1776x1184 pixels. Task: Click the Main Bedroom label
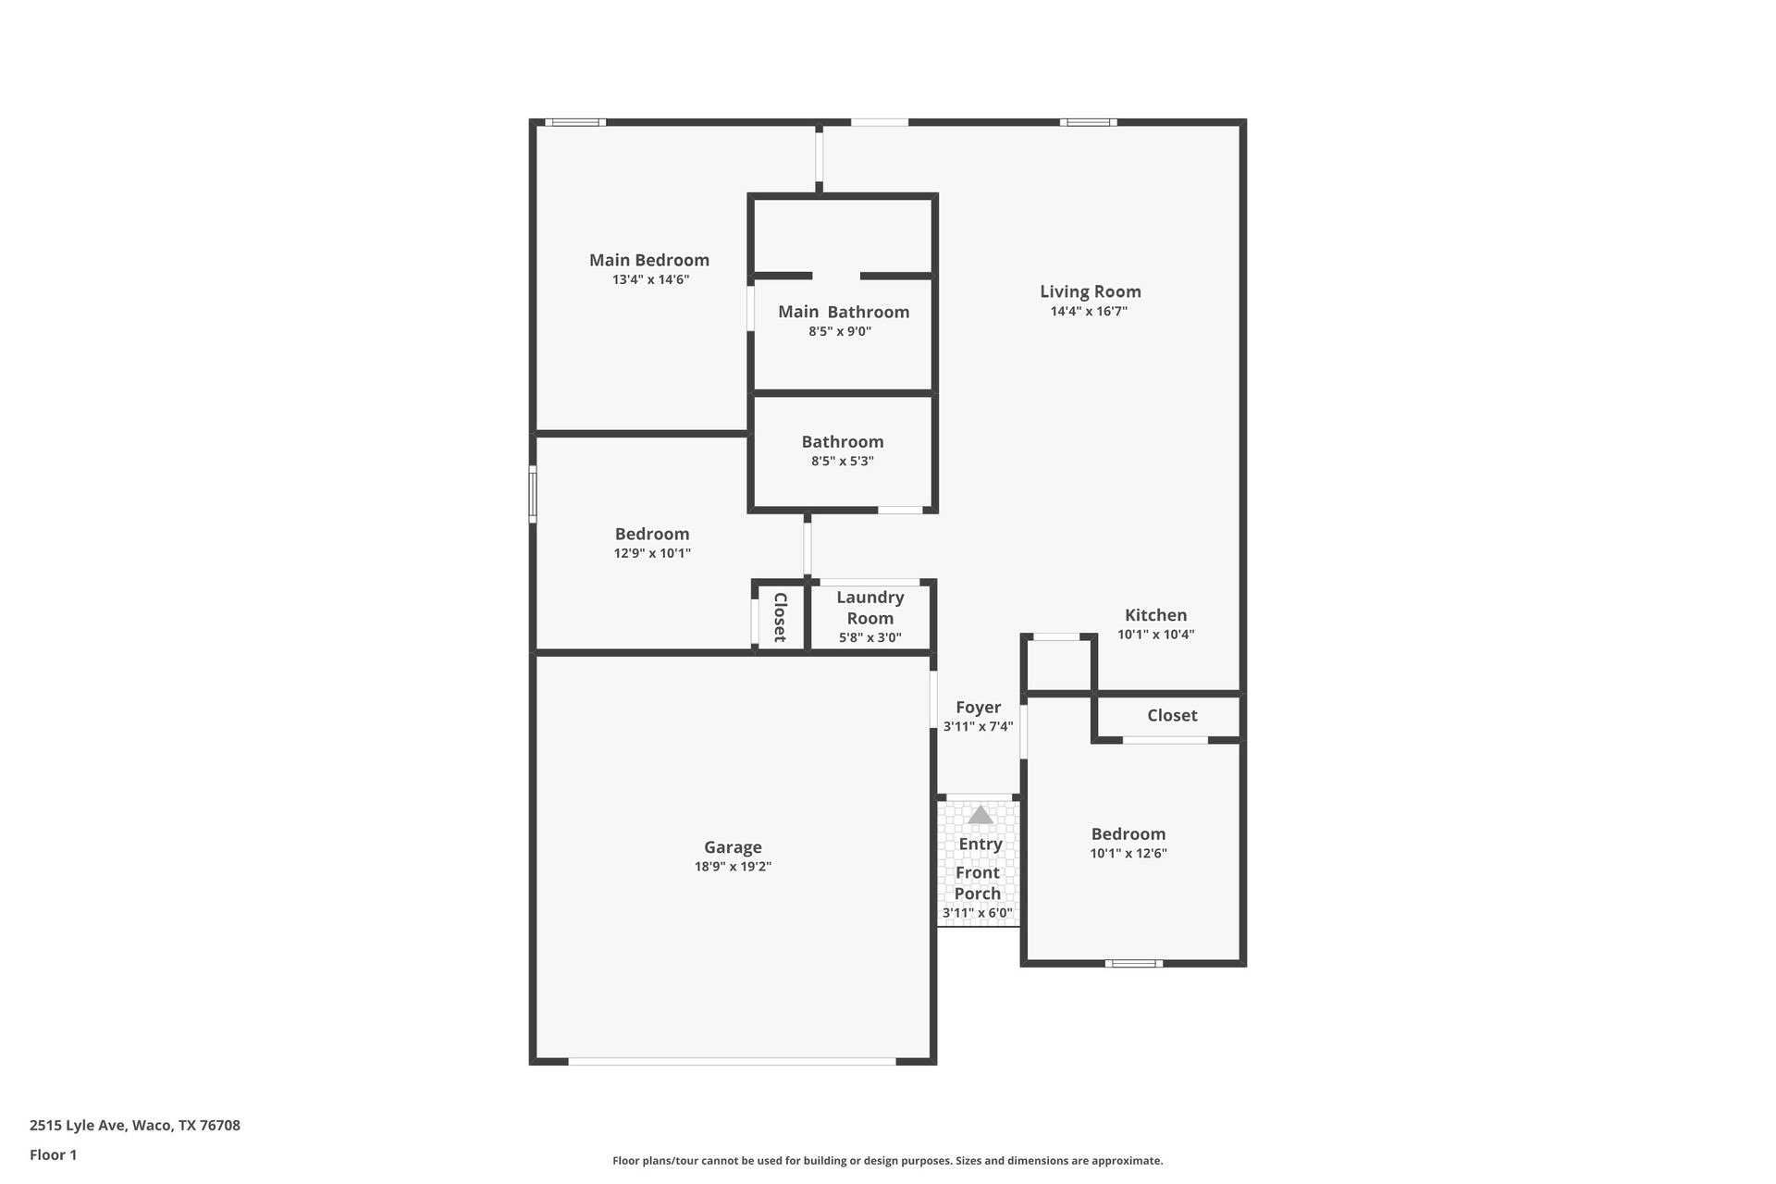click(649, 260)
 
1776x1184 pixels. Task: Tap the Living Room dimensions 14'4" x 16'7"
click(1089, 312)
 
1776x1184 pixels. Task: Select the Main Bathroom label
click(844, 312)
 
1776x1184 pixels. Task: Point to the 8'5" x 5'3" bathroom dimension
click(843, 461)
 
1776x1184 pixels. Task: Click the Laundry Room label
click(870, 608)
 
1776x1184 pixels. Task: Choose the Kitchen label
click(1155, 615)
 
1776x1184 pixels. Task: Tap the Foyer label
click(978, 708)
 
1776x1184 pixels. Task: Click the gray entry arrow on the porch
click(980, 815)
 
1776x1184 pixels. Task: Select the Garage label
click(733, 847)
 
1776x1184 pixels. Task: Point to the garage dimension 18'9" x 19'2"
click(733, 867)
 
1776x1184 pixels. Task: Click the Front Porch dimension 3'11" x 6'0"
click(978, 913)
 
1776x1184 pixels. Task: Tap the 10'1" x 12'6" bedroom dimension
click(1128, 854)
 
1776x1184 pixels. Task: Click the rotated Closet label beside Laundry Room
click(780, 617)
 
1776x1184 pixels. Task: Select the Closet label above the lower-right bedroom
click(1172, 715)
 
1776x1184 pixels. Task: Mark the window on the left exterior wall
click(533, 494)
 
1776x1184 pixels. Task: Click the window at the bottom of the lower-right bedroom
click(1134, 964)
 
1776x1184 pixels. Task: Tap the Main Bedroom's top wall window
click(574, 122)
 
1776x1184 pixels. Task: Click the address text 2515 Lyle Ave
click(135, 1126)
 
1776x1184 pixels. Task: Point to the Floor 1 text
click(53, 1154)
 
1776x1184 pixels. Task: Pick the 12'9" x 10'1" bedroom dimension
click(652, 553)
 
